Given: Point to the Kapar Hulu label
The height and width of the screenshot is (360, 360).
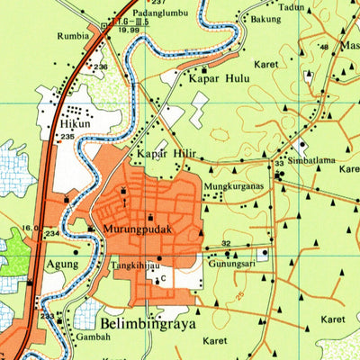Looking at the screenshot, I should pos(218,78).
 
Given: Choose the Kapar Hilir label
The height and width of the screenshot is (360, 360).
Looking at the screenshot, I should pos(166,154).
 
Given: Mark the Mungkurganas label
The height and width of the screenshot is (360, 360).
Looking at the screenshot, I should pos(233,186).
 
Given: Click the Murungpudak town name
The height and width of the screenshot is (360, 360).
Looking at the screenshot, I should pos(130,229).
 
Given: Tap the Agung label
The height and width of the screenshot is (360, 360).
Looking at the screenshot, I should pos(61,265).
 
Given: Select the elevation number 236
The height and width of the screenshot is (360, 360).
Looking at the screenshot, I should pos(101,67).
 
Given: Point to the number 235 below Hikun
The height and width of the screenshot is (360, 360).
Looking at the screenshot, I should pos(67,136).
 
